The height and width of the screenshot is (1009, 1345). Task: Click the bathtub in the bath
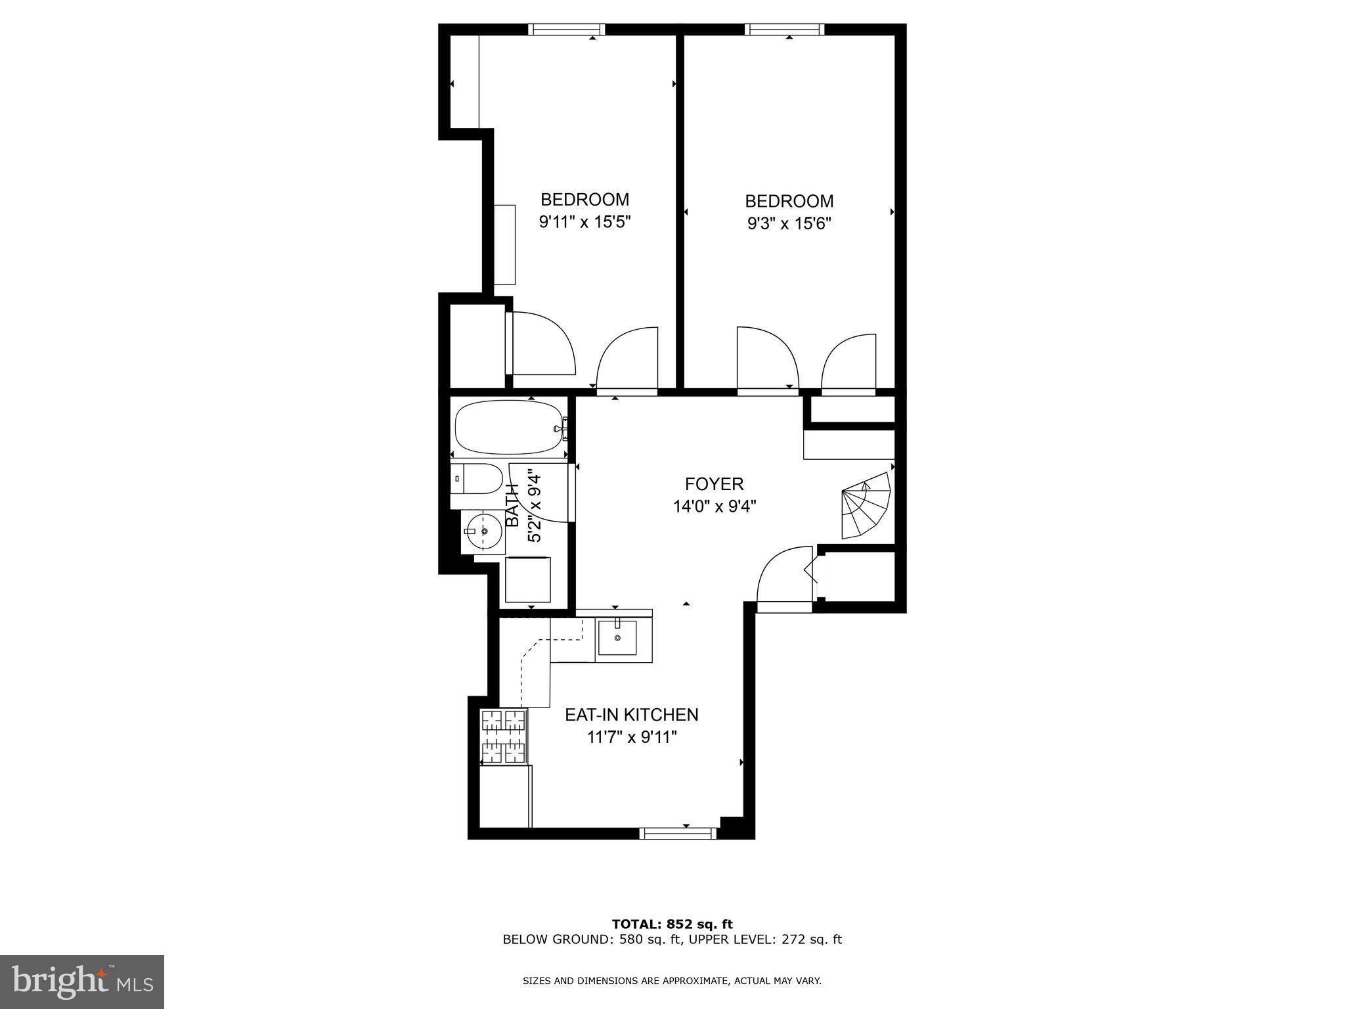pos(509,428)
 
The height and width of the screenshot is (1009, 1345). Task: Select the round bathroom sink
pos(484,531)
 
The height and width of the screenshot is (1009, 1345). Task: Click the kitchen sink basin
pos(617,637)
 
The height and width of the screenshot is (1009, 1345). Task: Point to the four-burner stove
pos(504,737)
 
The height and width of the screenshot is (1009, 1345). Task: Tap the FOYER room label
pos(714,484)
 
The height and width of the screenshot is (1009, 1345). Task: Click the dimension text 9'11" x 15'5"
pos(584,222)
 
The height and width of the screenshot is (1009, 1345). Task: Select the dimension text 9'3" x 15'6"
pos(789,223)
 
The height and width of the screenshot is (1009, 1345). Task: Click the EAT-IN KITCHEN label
pos(631,715)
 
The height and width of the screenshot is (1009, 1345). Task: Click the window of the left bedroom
pos(566,29)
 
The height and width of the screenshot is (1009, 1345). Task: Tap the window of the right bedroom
pos(784,29)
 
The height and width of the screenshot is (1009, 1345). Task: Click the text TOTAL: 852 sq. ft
pos(672,924)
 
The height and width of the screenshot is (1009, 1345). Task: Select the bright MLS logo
pos(82,982)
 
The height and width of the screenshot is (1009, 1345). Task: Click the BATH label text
pos(513,504)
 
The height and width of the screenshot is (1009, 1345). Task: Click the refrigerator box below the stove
pos(504,796)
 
